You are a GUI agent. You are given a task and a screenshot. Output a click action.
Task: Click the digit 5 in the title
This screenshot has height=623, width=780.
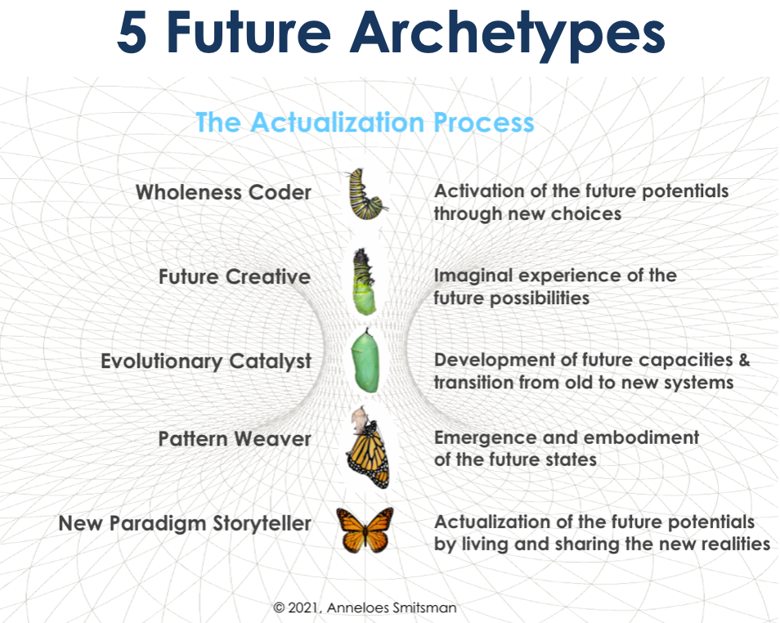[132, 31]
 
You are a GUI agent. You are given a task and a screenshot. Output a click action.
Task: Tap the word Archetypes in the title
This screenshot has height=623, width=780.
[508, 35]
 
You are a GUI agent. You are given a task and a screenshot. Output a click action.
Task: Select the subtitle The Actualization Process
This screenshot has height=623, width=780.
[365, 122]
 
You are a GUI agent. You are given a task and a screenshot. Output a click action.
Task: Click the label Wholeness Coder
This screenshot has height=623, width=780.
[223, 192]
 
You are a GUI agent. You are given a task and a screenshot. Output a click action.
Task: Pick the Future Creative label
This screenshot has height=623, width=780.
[235, 276]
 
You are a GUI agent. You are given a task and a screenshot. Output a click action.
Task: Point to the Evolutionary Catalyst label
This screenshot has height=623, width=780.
[206, 361]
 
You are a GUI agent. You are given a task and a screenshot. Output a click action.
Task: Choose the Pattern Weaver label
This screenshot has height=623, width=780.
[235, 439]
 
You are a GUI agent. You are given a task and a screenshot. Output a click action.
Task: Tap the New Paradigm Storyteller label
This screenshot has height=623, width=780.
[185, 524]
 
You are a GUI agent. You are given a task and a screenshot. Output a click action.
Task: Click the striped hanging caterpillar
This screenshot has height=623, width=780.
[366, 194]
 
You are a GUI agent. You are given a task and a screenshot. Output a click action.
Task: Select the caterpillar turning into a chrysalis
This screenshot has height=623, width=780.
[365, 281]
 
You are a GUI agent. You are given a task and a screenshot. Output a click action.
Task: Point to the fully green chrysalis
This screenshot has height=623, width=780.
[365, 361]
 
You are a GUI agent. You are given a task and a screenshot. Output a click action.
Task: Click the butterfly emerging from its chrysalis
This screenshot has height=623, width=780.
[369, 447]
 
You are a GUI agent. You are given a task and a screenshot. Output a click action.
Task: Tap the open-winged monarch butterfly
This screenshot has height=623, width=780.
[365, 530]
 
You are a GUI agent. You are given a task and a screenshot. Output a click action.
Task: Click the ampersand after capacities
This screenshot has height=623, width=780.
[744, 360]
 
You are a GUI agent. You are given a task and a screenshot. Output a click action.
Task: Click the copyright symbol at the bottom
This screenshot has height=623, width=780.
[279, 607]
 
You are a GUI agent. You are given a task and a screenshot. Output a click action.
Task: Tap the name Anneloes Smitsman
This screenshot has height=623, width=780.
[392, 607]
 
